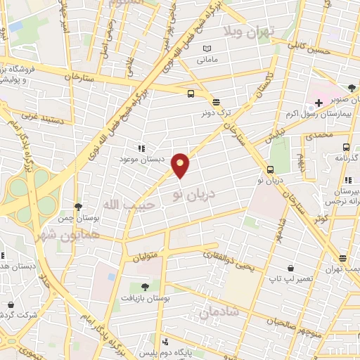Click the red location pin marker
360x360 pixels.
(x=181, y=166)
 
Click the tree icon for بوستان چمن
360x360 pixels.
(x=78, y=207)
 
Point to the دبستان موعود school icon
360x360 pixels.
(x=141, y=149)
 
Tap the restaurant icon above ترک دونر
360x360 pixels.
(x=215, y=101)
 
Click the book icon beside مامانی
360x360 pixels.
(x=207, y=49)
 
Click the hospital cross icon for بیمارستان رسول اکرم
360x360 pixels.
(x=319, y=103)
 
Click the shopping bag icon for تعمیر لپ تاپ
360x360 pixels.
(x=290, y=268)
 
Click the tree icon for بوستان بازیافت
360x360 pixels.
(x=145, y=287)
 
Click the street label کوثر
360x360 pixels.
(x=323, y=219)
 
